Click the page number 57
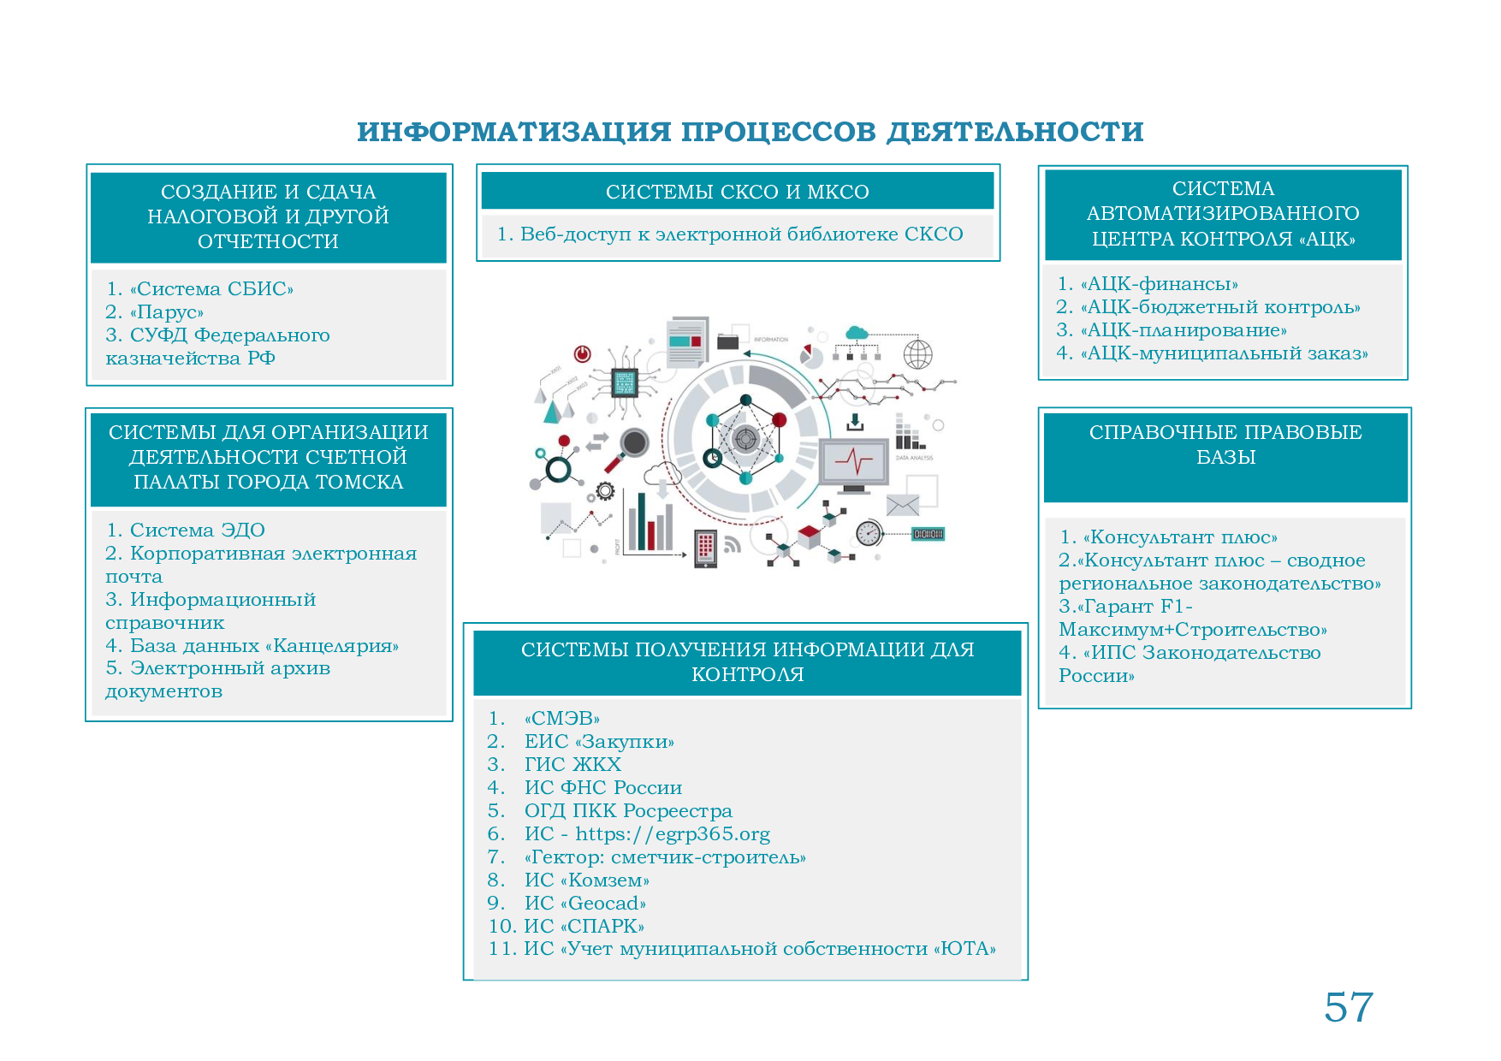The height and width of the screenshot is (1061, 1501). click(1348, 1006)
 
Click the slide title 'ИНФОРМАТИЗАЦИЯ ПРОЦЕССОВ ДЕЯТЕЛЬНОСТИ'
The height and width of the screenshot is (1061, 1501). click(750, 132)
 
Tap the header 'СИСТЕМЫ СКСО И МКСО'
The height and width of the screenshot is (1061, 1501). click(737, 192)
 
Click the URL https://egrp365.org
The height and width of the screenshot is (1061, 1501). click(672, 834)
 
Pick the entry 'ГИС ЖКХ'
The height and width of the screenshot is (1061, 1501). click(573, 765)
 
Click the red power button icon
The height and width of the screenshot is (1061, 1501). click(583, 353)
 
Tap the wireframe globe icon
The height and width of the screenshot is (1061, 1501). click(918, 353)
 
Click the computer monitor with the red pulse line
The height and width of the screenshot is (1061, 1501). click(853, 464)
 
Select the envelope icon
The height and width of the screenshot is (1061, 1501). click(902, 506)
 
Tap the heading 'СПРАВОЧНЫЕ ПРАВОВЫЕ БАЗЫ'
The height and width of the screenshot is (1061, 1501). click(1225, 444)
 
